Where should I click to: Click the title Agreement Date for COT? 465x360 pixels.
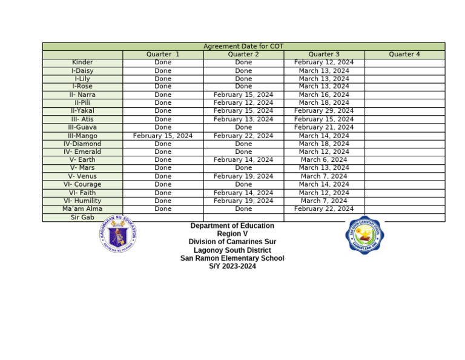pyautogui.click(x=243, y=47)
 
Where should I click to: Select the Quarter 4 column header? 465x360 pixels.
pyautogui.click(x=404, y=55)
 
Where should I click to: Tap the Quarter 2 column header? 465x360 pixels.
pyautogui.click(x=243, y=55)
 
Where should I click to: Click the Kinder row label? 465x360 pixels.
pyautogui.click(x=82, y=62)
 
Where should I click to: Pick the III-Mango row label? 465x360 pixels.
pyautogui.click(x=82, y=136)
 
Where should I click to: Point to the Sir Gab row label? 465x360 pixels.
pyautogui.click(x=82, y=217)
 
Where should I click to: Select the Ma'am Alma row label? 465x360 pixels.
pyautogui.click(x=82, y=209)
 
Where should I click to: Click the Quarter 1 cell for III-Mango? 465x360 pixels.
pyautogui.click(x=163, y=136)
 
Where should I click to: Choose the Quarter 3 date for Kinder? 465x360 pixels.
pyautogui.click(x=324, y=62)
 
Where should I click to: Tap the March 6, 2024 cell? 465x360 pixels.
pyautogui.click(x=324, y=160)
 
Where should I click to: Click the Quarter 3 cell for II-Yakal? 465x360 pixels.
pyautogui.click(x=324, y=111)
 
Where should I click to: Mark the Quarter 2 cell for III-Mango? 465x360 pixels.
pyautogui.click(x=243, y=136)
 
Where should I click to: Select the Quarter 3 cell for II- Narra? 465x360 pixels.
pyautogui.click(x=324, y=95)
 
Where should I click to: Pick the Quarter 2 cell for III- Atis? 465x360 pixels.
pyautogui.click(x=243, y=119)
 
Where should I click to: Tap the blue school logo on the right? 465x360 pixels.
pyautogui.click(x=364, y=235)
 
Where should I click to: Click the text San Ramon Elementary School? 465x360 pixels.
pyautogui.click(x=232, y=258)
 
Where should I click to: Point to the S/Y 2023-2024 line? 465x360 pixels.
pyautogui.click(x=232, y=267)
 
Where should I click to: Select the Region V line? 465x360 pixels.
pyautogui.click(x=232, y=234)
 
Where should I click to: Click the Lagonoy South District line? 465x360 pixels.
pyautogui.click(x=232, y=250)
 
